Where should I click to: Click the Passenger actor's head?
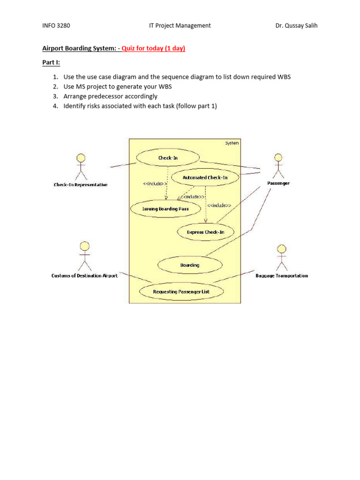tap(278, 157)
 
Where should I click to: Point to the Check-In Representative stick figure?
tap(81, 167)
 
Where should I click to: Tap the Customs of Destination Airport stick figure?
tap(85, 256)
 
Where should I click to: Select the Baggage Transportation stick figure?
tap(282, 258)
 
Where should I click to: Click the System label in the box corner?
tap(232, 143)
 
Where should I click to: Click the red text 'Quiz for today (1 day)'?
tap(153, 48)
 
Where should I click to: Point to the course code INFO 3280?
tap(56, 26)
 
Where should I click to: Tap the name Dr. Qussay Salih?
tap(296, 26)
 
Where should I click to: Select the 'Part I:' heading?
tap(51, 62)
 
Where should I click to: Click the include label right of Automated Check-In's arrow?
tap(219, 205)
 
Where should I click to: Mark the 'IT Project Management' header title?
tap(180, 26)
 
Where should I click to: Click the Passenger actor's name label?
tap(278, 183)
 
